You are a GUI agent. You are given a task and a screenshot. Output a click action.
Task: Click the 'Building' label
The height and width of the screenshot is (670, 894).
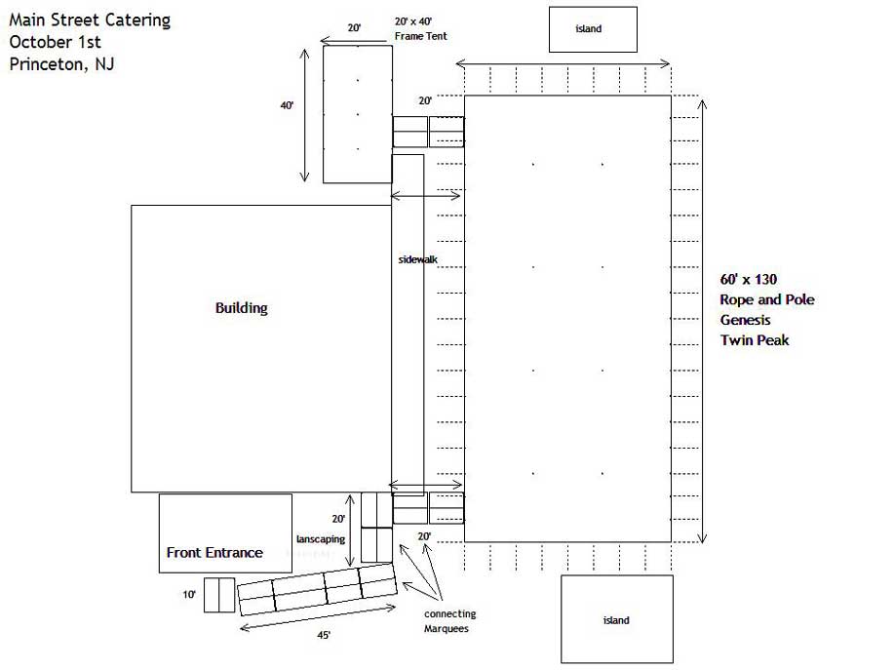[x=241, y=308]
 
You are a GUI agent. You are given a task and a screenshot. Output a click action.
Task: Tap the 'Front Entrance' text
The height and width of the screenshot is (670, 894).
[x=214, y=553]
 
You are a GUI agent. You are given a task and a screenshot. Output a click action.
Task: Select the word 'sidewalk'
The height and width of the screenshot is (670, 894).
[x=418, y=259]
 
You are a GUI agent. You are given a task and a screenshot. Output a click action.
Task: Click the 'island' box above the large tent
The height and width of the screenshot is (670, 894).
[x=593, y=29]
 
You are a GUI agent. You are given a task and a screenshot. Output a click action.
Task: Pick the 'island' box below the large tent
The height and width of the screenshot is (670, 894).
[x=617, y=618]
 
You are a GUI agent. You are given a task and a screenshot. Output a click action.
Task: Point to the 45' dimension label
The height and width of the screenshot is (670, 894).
[x=324, y=635]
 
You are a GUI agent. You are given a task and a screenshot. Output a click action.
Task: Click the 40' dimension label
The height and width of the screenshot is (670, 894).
[x=287, y=105]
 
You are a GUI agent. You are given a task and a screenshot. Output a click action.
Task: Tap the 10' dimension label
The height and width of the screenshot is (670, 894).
[x=189, y=594]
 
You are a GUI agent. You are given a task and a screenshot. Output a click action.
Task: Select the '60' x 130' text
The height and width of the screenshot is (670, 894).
[x=748, y=279]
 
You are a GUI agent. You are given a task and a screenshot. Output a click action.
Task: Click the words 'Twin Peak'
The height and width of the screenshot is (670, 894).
[x=755, y=339]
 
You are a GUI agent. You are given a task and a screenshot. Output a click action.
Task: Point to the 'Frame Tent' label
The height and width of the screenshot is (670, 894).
[x=421, y=36]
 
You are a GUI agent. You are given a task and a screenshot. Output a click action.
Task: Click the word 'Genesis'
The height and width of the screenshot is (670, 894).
[x=745, y=320]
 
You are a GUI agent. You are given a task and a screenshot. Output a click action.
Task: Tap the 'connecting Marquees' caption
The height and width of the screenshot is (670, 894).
[x=449, y=621]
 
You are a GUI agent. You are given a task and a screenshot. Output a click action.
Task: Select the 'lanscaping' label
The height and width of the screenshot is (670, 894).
[x=321, y=539]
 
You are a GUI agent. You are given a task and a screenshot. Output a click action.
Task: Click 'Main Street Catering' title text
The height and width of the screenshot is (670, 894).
[x=90, y=20]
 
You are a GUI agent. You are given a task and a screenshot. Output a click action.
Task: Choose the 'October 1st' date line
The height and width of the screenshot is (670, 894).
[x=55, y=42]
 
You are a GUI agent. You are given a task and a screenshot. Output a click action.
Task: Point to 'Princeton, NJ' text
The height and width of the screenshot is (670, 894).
[x=61, y=63]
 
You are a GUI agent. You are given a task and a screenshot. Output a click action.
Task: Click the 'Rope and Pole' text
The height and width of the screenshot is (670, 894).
[x=767, y=299]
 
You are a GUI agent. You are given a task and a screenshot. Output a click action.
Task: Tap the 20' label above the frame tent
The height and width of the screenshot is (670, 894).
[x=354, y=28]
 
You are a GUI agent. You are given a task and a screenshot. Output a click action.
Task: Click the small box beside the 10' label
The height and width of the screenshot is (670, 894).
[x=219, y=595]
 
